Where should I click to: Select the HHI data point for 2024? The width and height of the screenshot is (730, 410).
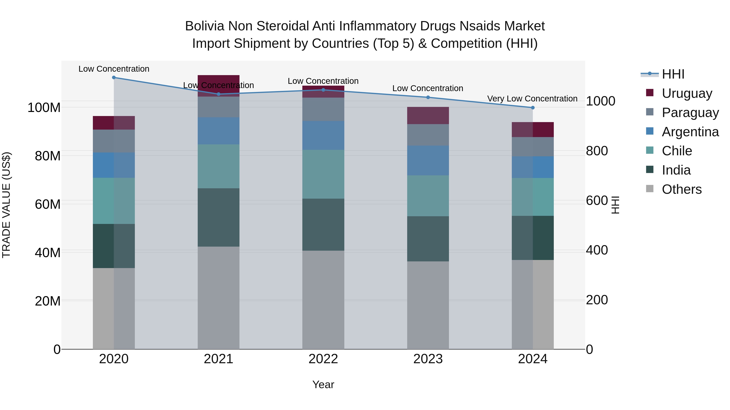coord(532,108)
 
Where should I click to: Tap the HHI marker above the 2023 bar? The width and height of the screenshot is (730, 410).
coord(428,97)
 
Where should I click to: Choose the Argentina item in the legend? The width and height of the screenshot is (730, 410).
coord(690,132)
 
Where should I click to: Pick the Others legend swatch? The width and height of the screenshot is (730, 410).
coord(650,189)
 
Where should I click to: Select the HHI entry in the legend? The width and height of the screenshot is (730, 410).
coord(673,74)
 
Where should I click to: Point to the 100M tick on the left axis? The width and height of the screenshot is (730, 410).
coord(44,108)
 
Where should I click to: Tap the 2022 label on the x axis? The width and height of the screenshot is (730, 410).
coord(323,359)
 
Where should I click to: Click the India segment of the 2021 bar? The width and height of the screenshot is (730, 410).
coord(218,217)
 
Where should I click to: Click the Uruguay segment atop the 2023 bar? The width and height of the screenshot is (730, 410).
coord(428,115)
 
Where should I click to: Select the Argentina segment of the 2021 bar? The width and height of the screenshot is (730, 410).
coord(218,131)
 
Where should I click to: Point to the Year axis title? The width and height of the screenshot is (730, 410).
coord(323,384)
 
